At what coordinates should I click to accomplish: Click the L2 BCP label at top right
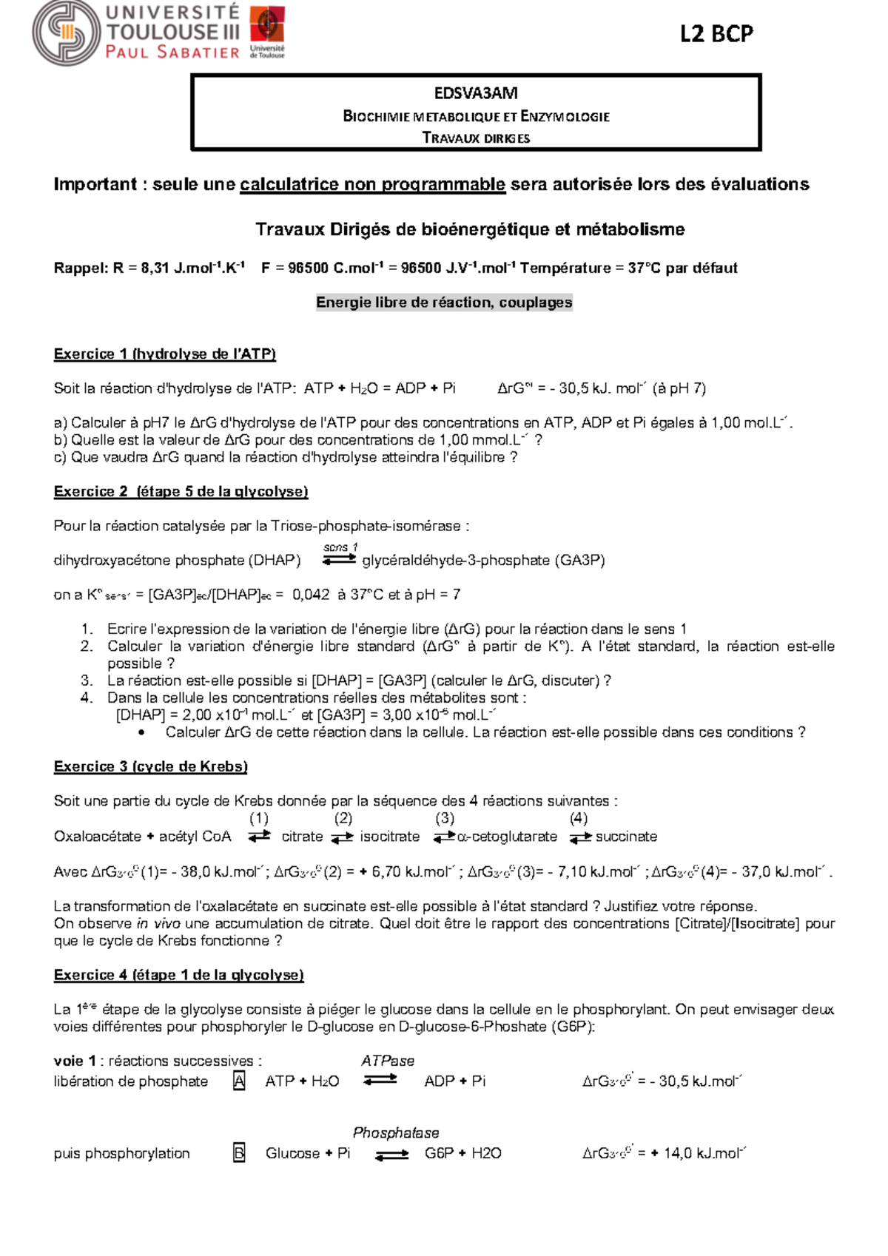tap(716, 34)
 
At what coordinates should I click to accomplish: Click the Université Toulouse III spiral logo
tap(67, 33)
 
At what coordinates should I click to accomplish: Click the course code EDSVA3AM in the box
tap(476, 93)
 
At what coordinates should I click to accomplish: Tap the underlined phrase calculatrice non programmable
tap(372, 185)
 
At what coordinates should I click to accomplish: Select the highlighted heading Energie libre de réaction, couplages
tap(444, 303)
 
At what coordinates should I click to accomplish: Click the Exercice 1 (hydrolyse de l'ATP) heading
tap(164, 354)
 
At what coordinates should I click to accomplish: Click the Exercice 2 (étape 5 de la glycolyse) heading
tap(181, 492)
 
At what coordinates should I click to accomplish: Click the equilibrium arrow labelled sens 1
tap(340, 559)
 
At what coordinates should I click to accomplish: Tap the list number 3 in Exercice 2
tap(87, 681)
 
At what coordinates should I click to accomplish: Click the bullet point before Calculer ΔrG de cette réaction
tap(142, 733)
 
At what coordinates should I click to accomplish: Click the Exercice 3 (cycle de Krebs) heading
tap(150, 767)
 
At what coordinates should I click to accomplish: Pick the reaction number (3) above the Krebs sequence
tap(445, 818)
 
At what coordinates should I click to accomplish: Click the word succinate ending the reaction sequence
tap(626, 837)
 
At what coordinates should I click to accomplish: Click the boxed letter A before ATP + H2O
tap(239, 1081)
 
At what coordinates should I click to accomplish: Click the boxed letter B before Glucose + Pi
tap(239, 1153)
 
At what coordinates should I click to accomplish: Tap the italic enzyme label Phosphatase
tap(396, 1132)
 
